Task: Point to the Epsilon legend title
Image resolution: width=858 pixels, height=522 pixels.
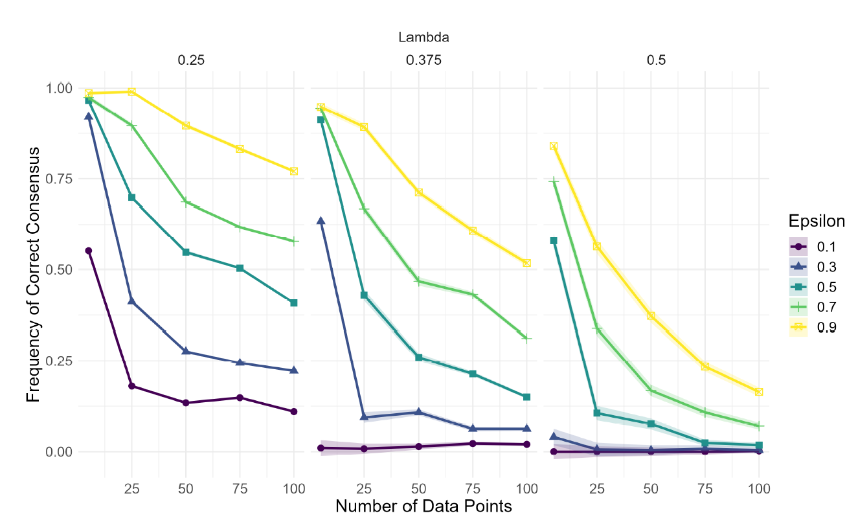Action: (x=817, y=221)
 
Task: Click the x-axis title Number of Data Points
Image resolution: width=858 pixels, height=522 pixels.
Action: (x=423, y=506)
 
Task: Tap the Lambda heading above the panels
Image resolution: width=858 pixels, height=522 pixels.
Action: (x=423, y=38)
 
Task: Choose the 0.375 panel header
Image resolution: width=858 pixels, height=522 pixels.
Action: (x=423, y=60)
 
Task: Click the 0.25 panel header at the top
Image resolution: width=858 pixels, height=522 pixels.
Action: (x=191, y=60)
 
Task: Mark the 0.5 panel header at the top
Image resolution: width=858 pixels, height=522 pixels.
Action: (x=656, y=60)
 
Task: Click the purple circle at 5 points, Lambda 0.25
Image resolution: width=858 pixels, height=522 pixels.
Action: (x=89, y=251)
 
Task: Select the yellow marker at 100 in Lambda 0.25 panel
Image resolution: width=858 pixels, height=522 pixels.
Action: (x=294, y=171)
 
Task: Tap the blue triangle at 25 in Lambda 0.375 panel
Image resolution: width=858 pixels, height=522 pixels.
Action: (x=365, y=416)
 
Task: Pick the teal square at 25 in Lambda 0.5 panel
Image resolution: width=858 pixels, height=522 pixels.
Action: (x=597, y=413)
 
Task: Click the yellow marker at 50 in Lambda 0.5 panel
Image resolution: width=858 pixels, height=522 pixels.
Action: (x=651, y=316)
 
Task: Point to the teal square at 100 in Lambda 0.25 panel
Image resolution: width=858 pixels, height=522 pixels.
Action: (x=294, y=303)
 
